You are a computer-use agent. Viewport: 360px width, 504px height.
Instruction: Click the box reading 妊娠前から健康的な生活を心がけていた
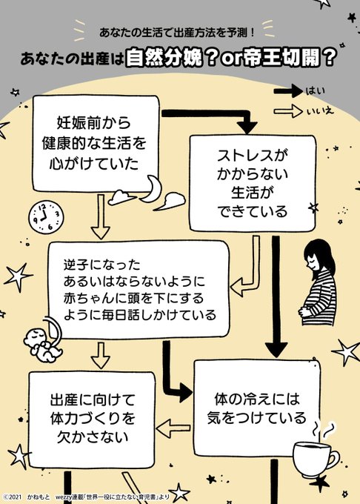pyautogui.click(x=96, y=143)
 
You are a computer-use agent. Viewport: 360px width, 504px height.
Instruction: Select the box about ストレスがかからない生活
pyautogui.click(x=253, y=183)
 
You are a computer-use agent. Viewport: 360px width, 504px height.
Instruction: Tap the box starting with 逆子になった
pyautogui.click(x=139, y=290)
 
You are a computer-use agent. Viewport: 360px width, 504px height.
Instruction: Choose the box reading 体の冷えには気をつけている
pyautogui.click(x=257, y=408)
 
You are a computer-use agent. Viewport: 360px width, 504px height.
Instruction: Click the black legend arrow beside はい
pyautogui.click(x=288, y=91)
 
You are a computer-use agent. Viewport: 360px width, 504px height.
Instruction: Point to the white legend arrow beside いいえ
pyautogui.click(x=288, y=111)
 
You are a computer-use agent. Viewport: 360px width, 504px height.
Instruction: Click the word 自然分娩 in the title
pyautogui.click(x=164, y=58)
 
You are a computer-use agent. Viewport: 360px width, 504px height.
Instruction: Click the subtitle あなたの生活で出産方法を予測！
pyautogui.click(x=177, y=33)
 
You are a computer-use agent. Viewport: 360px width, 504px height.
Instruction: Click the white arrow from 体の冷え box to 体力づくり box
pyautogui.click(x=173, y=429)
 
